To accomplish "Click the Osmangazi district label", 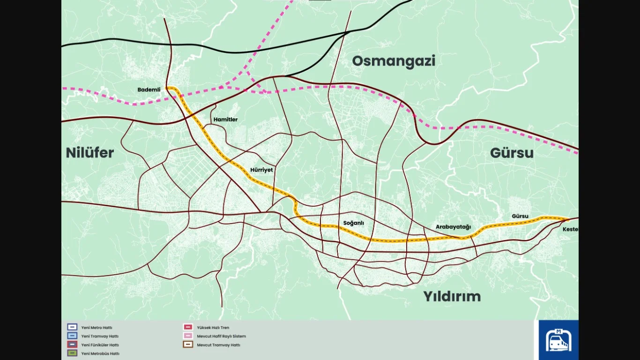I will point(394,61).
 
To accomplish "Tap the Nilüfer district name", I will point(90,153).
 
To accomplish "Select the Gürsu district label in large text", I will point(512,153).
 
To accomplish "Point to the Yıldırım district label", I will point(452,296).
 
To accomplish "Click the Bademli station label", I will point(149,90).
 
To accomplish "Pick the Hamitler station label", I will point(225,120).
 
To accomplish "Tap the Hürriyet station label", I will point(261,170).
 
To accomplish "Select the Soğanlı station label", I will point(353,223).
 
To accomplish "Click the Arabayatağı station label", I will point(453,227).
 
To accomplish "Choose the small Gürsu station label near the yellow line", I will point(520,216).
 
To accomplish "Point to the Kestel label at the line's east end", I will point(570,229).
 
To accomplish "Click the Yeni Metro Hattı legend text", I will point(97,328).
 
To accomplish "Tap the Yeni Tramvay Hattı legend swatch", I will point(72,336).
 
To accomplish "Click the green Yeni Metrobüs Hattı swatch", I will point(72,353).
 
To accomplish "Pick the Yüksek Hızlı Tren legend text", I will point(213,328).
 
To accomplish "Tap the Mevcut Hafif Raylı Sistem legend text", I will point(221,336).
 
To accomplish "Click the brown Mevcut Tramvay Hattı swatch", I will point(187,345).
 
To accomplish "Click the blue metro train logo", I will point(558,340).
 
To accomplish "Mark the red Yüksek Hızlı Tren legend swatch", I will point(187,328).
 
